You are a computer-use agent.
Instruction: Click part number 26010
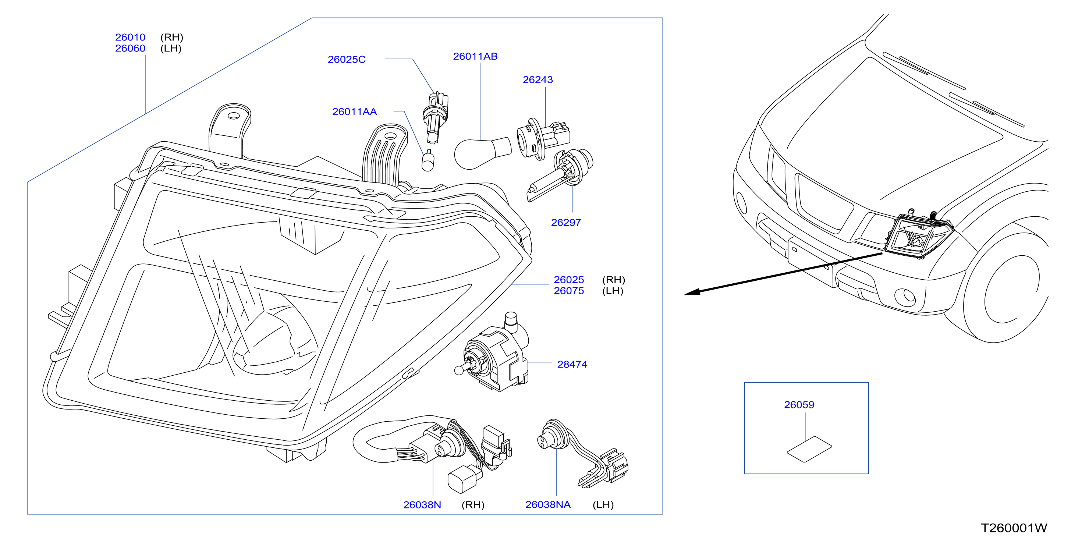click(x=130, y=37)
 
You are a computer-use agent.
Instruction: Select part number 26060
click(x=130, y=48)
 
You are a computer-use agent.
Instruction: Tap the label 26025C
click(x=347, y=60)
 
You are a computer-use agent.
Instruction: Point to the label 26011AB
click(x=475, y=56)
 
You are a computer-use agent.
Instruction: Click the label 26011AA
click(x=354, y=111)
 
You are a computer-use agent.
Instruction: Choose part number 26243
click(x=538, y=79)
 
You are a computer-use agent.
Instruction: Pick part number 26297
click(x=566, y=223)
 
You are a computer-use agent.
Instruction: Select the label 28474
click(x=572, y=364)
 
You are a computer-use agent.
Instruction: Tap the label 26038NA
click(x=548, y=504)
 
